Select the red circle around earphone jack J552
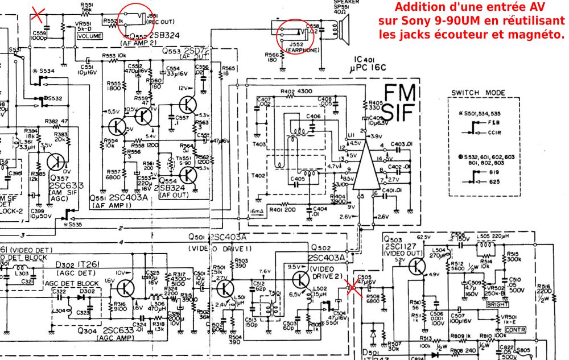[x=295, y=36]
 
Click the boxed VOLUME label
[x=89, y=36]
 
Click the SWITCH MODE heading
[x=478, y=93]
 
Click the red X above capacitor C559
[x=38, y=13]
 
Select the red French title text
[x=471, y=20]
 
